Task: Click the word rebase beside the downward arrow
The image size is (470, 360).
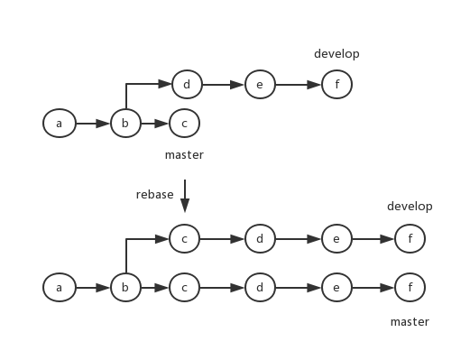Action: click(154, 195)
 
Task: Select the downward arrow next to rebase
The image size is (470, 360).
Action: click(185, 197)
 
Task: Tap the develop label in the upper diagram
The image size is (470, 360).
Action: click(336, 54)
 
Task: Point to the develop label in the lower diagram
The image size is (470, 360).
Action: click(410, 207)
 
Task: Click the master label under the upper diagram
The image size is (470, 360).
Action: click(184, 155)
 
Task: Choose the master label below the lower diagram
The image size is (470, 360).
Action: click(410, 322)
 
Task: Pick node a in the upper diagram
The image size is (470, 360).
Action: click(59, 124)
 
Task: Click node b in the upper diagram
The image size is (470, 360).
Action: click(125, 124)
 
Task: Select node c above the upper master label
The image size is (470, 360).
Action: click(184, 124)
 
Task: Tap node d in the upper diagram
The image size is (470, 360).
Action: click(187, 86)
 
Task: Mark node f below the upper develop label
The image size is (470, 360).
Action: click(336, 86)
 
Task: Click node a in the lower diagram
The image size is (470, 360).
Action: click(59, 289)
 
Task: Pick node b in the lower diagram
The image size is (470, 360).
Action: click(125, 289)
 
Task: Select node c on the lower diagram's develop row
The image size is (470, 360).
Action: click(184, 240)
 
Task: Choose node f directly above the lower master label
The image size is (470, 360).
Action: click(410, 289)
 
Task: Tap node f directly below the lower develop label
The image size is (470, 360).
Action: click(410, 240)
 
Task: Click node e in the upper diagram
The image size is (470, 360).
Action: click(260, 86)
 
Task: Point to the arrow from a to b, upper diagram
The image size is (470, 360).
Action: click(92, 124)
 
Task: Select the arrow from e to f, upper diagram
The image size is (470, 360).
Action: click(298, 86)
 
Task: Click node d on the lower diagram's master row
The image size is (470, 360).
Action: click(260, 289)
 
